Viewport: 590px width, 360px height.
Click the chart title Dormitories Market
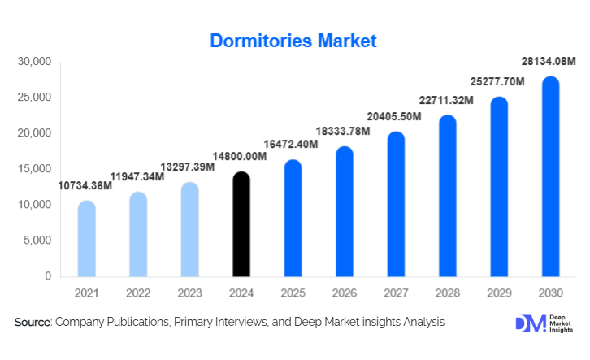(x=293, y=41)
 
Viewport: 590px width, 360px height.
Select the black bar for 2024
(x=241, y=225)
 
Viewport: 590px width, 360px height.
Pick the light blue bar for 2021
(x=86, y=239)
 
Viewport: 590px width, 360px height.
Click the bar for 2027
(x=396, y=204)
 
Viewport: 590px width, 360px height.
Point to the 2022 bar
(x=137, y=234)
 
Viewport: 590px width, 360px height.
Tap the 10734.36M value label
(x=85, y=186)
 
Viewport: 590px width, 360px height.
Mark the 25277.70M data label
(x=498, y=82)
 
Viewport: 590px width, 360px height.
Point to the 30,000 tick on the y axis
(x=34, y=62)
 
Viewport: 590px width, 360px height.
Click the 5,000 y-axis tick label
(x=37, y=241)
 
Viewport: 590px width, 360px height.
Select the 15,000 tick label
(x=34, y=169)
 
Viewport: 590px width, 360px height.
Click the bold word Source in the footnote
(x=33, y=323)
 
